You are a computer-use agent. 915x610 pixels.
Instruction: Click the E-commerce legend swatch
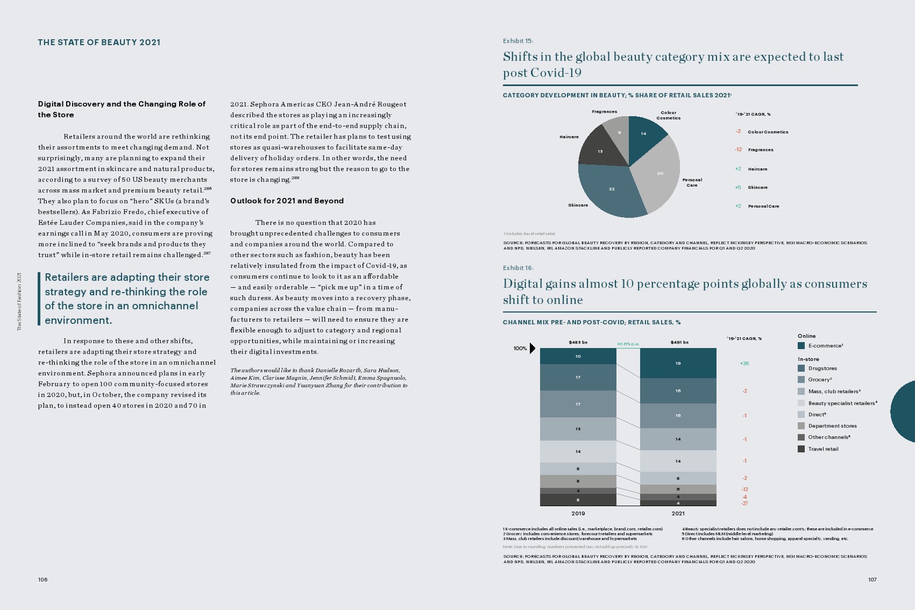[801, 346]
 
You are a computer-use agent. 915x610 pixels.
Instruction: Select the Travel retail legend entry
[823, 449]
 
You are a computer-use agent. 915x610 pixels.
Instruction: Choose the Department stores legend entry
[832, 426]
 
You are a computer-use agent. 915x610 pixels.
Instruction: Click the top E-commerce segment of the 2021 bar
[678, 363]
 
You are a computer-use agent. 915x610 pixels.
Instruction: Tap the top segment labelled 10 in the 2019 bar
[578, 356]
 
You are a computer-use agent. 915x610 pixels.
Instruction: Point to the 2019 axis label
[578, 514]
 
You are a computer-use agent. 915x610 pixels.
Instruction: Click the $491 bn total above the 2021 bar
[679, 342]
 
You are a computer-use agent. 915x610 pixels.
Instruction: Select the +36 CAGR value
[744, 364]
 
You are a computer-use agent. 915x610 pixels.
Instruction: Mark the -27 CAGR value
[744, 503]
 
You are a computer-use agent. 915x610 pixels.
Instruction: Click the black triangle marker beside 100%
[532, 348]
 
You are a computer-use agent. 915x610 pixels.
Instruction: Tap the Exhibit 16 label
[517, 268]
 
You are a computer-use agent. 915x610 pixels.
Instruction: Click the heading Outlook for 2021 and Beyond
[287, 201]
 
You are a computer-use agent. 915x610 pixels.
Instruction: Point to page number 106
[42, 579]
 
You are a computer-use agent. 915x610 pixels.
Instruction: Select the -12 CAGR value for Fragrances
[738, 150]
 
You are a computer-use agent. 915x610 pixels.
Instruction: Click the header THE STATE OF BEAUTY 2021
[99, 42]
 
